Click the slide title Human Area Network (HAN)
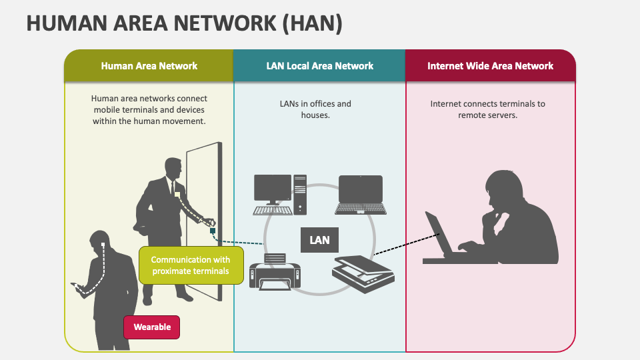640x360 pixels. (x=184, y=23)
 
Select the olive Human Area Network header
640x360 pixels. (x=149, y=66)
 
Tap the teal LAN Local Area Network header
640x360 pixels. (x=319, y=66)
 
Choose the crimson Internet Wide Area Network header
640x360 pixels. (x=490, y=66)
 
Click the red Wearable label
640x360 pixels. (x=152, y=327)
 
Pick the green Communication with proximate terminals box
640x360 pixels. (x=191, y=265)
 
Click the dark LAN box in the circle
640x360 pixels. (x=319, y=240)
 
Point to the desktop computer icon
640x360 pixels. (x=280, y=194)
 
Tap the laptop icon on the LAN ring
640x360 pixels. (x=360, y=194)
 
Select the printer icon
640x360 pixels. (x=275, y=272)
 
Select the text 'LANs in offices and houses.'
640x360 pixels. (x=315, y=109)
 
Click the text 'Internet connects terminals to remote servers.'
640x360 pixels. (x=487, y=109)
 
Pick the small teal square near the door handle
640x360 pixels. (x=213, y=231)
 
